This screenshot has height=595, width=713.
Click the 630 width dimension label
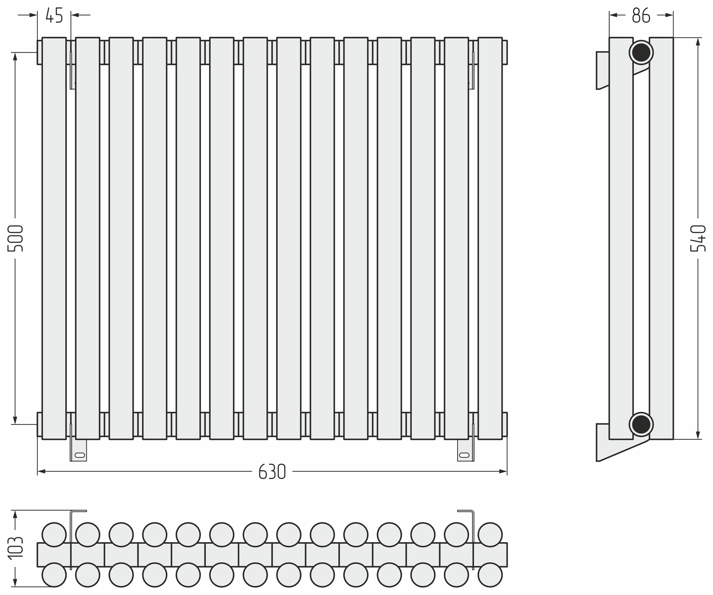272,472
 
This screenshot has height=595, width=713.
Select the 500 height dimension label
16,238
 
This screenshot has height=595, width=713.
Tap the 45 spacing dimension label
54,16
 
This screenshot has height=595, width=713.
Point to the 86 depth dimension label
641,16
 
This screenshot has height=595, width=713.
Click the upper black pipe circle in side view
641,52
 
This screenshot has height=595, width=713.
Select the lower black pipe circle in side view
641,424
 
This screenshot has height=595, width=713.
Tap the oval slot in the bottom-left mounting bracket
80,455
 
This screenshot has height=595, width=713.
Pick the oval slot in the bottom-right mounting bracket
464,455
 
